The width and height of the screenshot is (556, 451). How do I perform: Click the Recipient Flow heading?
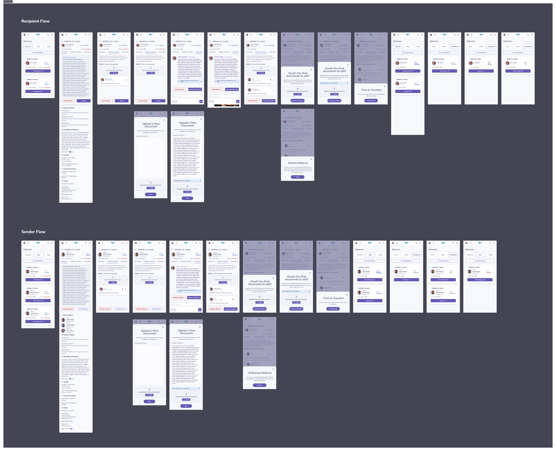tap(35, 21)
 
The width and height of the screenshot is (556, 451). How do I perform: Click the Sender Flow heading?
tap(33, 232)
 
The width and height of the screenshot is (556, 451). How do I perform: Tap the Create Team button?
tap(444, 71)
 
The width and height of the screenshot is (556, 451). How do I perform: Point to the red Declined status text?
tap(488, 273)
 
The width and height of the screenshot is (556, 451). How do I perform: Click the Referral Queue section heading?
tap(68, 315)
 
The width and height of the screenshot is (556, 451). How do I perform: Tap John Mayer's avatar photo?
tap(63, 331)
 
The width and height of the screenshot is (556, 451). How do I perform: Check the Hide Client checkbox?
tap(71, 429)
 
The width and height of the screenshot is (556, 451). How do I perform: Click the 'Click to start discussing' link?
tap(69, 57)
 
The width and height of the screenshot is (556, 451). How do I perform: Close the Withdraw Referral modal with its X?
tap(273, 369)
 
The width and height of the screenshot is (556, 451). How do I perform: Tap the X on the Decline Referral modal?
tap(311, 159)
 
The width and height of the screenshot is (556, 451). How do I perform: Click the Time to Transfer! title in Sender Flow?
tap(333, 298)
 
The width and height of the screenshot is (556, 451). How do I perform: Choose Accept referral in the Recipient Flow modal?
tap(371, 100)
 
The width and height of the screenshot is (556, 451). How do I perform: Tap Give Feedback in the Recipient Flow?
tap(518, 71)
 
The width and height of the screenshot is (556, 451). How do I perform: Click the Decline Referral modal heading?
tap(298, 163)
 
